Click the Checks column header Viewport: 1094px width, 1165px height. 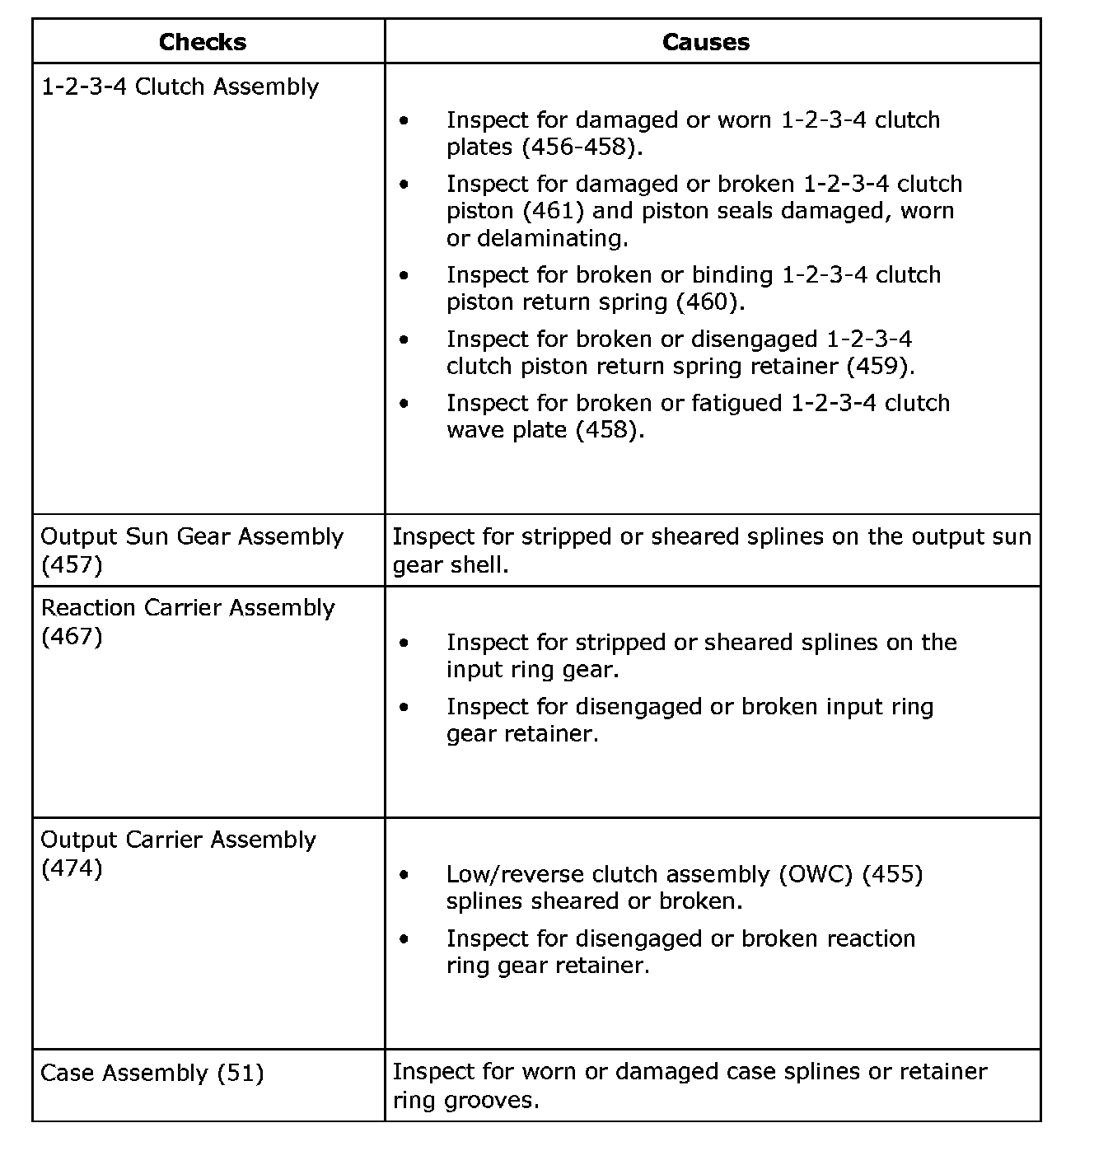click(x=203, y=42)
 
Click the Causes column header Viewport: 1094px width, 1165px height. click(x=706, y=42)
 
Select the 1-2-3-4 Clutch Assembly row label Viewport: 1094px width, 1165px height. click(x=180, y=87)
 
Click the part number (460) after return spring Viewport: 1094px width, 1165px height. click(x=708, y=302)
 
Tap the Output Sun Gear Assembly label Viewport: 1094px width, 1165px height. click(x=192, y=536)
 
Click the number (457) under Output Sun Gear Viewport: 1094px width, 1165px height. click(x=72, y=565)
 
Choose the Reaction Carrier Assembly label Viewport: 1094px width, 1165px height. click(x=188, y=608)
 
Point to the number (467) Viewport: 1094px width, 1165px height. click(x=72, y=636)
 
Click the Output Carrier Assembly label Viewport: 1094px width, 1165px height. click(x=179, y=840)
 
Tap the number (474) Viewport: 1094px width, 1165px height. click(x=72, y=868)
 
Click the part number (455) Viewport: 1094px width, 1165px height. click(x=892, y=874)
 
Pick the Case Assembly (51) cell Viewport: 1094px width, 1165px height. click(x=152, y=1073)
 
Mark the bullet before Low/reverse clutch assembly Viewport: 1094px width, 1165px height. click(x=403, y=874)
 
